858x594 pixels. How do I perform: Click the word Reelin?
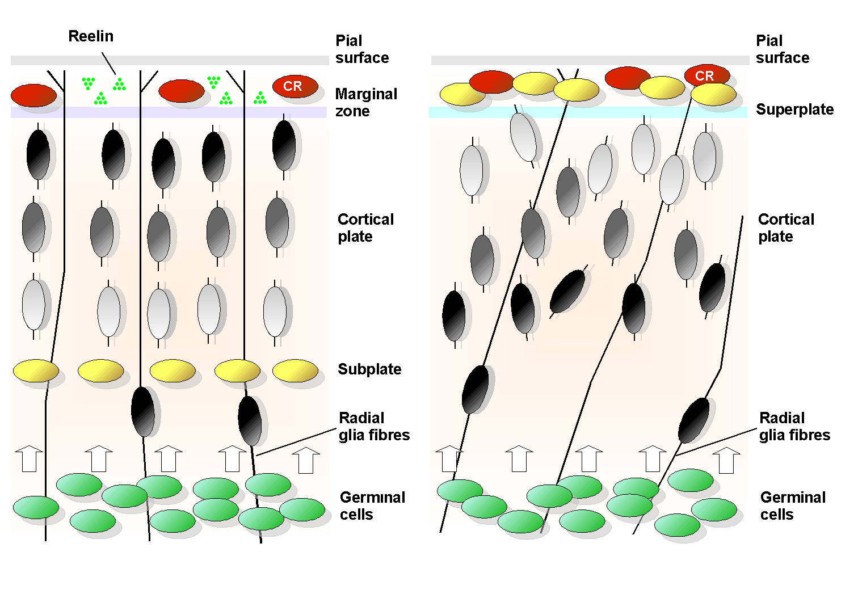pos(91,36)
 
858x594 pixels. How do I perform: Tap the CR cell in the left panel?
pos(295,86)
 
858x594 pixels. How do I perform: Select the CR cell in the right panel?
pos(706,75)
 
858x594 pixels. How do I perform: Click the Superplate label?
pos(794,109)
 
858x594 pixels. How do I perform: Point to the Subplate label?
pos(369,369)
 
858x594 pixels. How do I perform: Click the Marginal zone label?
pos(366,102)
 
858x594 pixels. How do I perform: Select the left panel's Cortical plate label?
pos(365,228)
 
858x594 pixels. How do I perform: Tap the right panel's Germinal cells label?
pos(793,505)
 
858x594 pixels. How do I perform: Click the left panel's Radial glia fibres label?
pos(374,426)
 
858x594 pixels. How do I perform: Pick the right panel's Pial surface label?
pos(782,49)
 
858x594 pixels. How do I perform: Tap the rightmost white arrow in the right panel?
pos(726,460)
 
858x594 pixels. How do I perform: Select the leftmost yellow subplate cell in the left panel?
pos(36,370)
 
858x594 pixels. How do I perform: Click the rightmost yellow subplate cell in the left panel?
pos(295,370)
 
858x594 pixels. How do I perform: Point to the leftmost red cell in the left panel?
pos(33,95)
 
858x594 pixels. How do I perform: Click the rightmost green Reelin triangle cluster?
pos(260,98)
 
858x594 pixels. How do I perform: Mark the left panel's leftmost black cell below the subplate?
pos(143,412)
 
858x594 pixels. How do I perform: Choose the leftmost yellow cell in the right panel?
pos(462,94)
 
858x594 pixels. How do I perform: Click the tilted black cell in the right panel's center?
pos(567,292)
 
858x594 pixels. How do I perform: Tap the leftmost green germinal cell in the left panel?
pos(36,507)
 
